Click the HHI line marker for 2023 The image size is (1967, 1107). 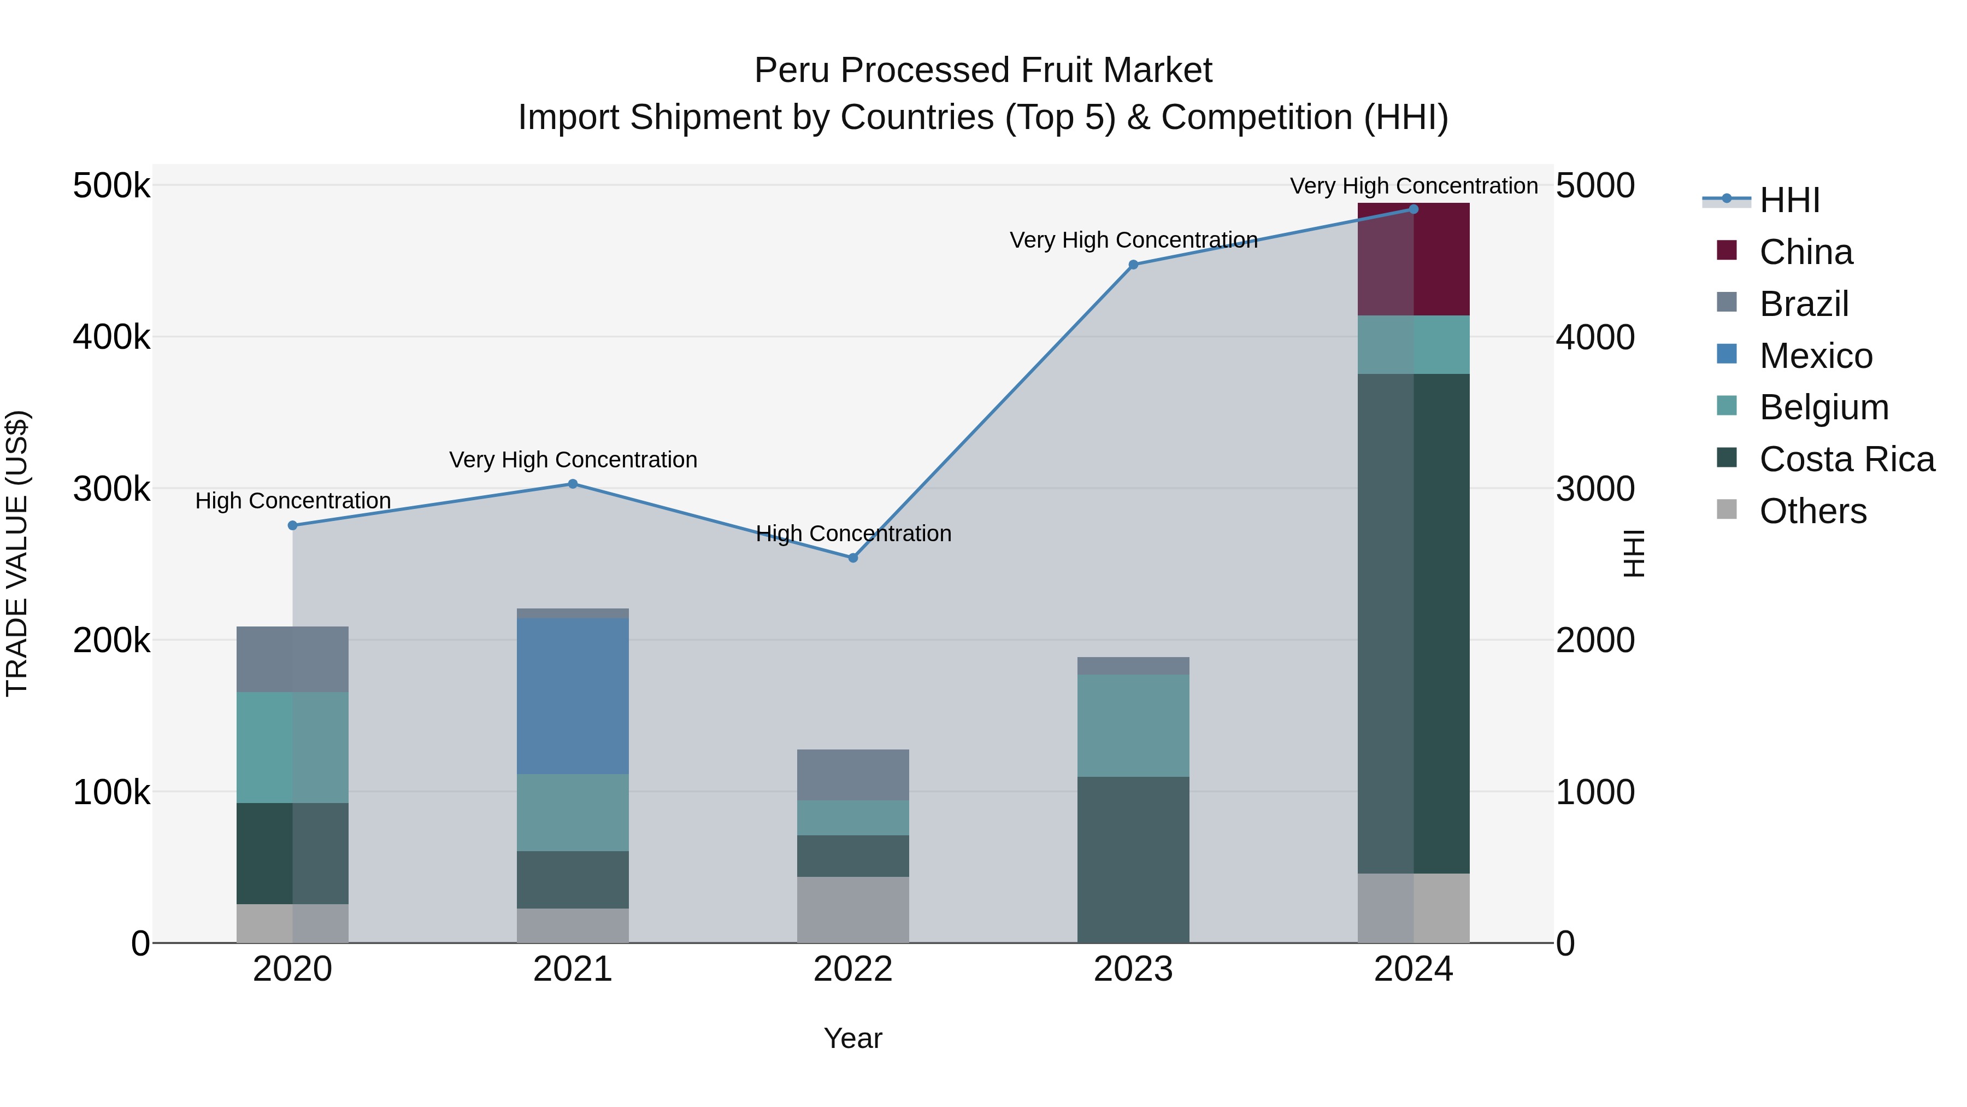(1133, 265)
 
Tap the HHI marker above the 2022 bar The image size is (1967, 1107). (853, 558)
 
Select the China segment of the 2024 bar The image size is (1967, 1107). (1414, 260)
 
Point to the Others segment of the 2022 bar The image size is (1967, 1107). (853, 909)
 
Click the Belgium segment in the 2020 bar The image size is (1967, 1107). (292, 747)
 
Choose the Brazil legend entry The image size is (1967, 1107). (1804, 304)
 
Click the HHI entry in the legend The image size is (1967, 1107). (1789, 200)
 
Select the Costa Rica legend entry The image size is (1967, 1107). (1846, 459)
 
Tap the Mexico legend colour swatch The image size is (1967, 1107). (1727, 354)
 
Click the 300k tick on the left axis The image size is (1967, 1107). (111, 489)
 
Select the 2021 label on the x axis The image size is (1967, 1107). (573, 969)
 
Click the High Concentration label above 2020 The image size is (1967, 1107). (292, 501)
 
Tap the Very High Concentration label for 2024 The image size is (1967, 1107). (1414, 186)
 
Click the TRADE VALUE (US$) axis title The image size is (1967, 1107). (17, 553)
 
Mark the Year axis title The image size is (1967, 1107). (853, 1038)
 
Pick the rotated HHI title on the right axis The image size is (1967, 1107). (1633, 553)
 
